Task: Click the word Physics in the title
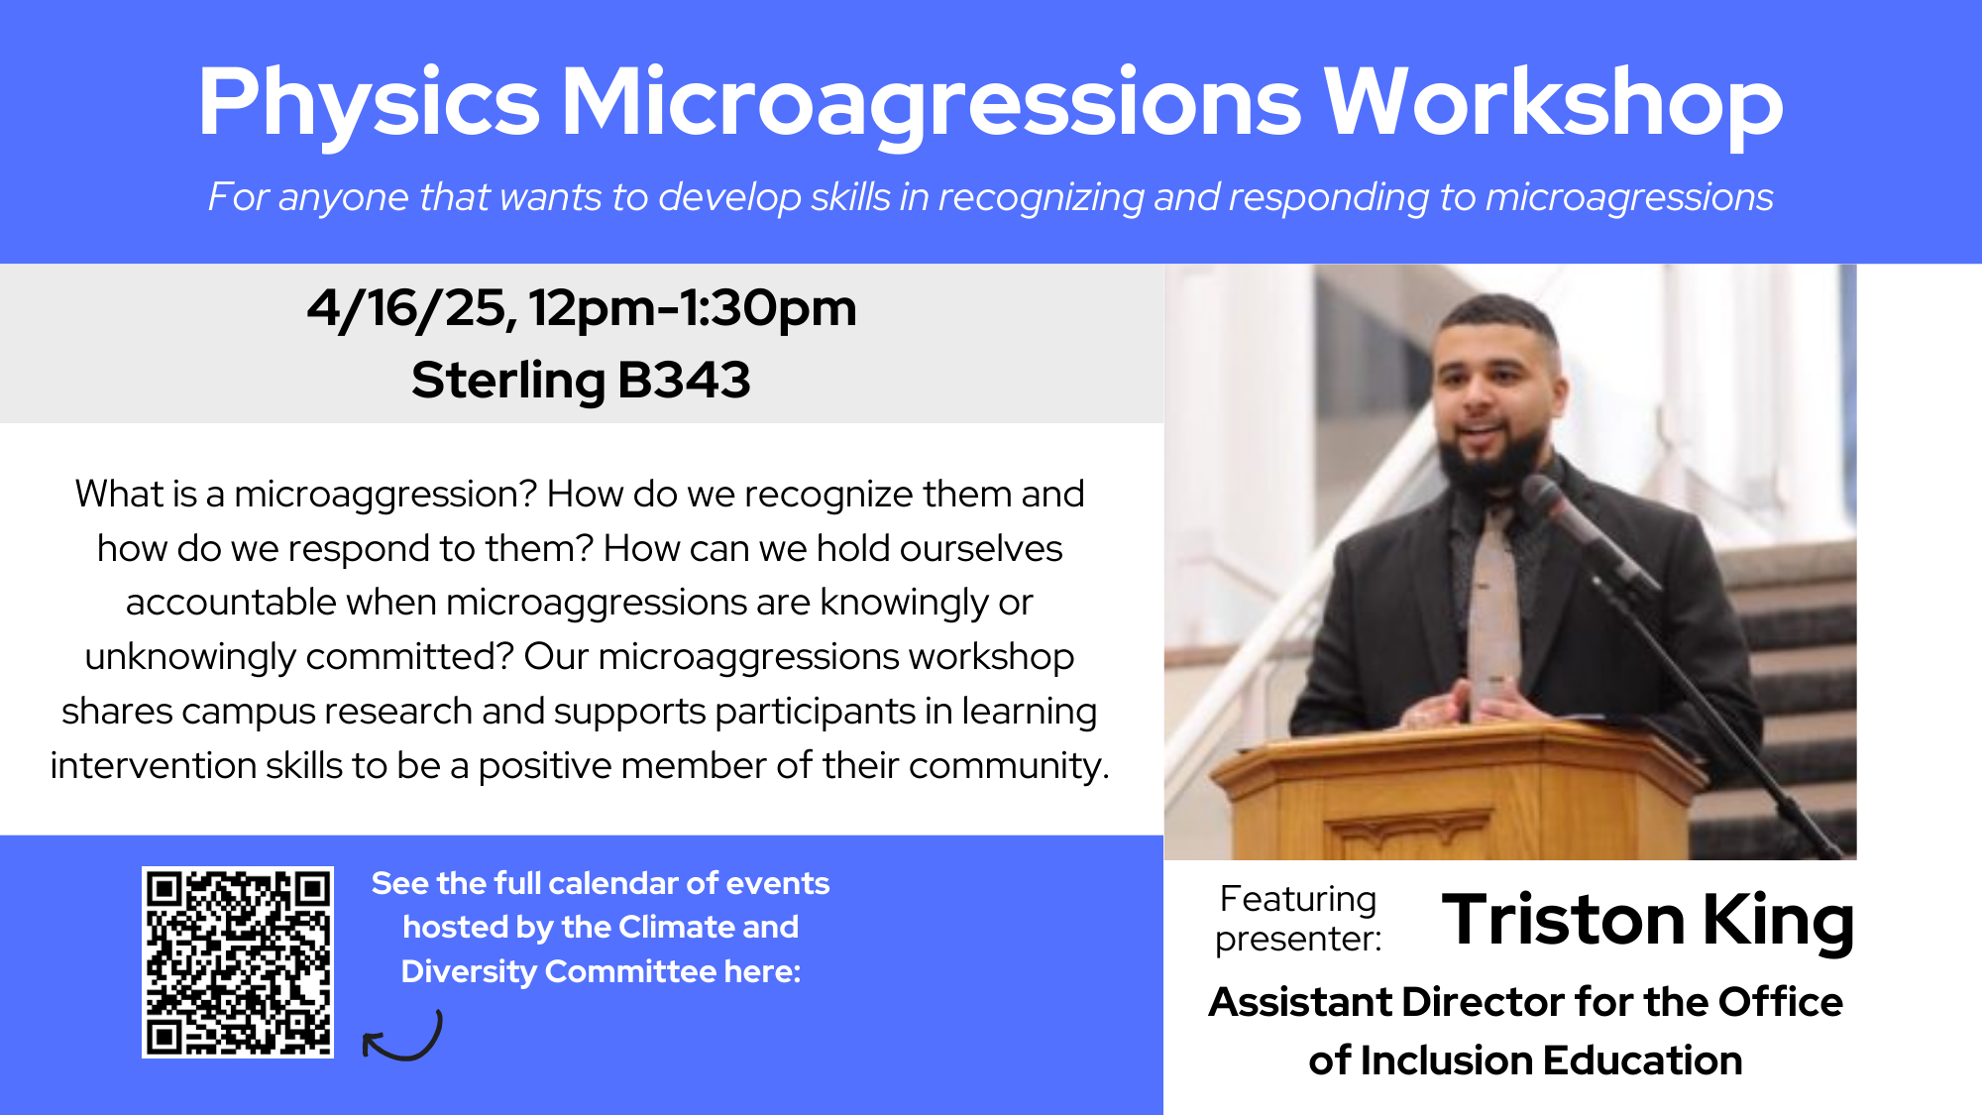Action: click(x=369, y=103)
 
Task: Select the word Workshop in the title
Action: click(x=1553, y=101)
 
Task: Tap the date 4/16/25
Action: click(x=410, y=309)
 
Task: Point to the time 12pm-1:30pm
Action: click(x=692, y=309)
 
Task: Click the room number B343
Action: click(x=684, y=380)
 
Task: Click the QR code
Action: click(x=238, y=962)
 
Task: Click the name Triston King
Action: click(x=1647, y=921)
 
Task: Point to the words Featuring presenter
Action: click(x=1298, y=919)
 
